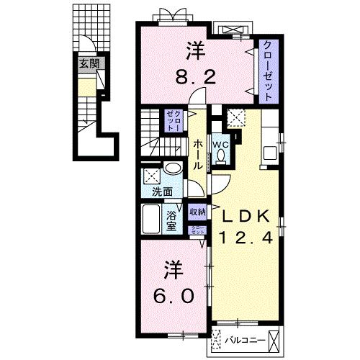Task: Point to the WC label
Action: click(220, 144)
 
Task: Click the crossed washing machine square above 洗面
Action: click(152, 174)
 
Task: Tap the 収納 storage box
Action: click(197, 212)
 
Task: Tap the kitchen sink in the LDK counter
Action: click(271, 152)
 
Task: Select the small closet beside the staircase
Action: click(174, 120)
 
